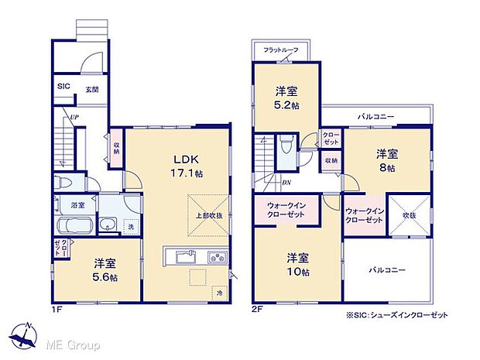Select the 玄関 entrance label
(x=92, y=90)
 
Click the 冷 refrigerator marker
(x=219, y=293)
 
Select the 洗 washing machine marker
(x=130, y=226)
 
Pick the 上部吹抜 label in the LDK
(x=207, y=215)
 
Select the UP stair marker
(x=74, y=117)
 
